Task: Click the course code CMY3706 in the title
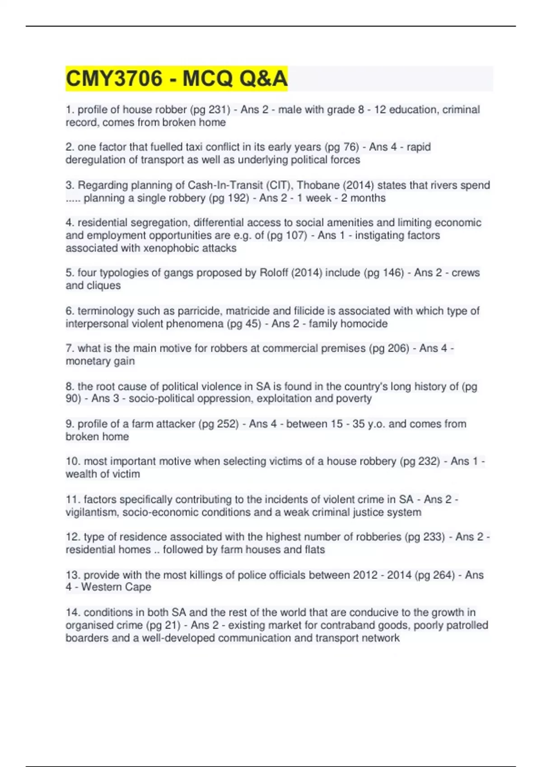pos(114,79)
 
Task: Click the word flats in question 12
pos(314,550)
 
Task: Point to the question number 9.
pos(70,424)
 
